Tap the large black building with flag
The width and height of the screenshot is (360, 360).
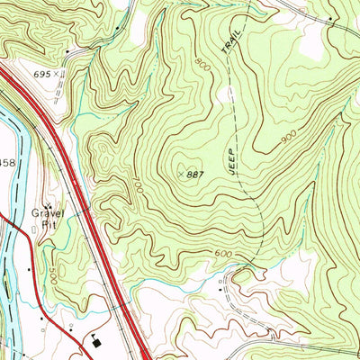pos(98,340)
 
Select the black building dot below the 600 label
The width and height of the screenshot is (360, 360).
pos(220,292)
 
